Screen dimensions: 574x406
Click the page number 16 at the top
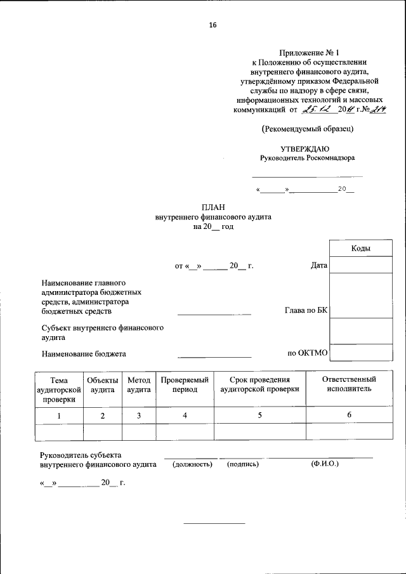213,25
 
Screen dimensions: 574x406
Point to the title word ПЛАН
213,207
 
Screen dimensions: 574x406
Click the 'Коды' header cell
361,249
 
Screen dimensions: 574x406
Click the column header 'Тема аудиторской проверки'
59,389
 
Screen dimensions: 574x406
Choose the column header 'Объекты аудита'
103,384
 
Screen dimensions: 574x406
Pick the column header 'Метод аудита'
139,384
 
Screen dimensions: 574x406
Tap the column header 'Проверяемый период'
185,384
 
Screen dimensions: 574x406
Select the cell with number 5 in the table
259,415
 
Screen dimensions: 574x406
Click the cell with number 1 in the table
59,415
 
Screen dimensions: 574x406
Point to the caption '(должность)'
192,465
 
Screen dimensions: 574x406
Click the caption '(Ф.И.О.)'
325,464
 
